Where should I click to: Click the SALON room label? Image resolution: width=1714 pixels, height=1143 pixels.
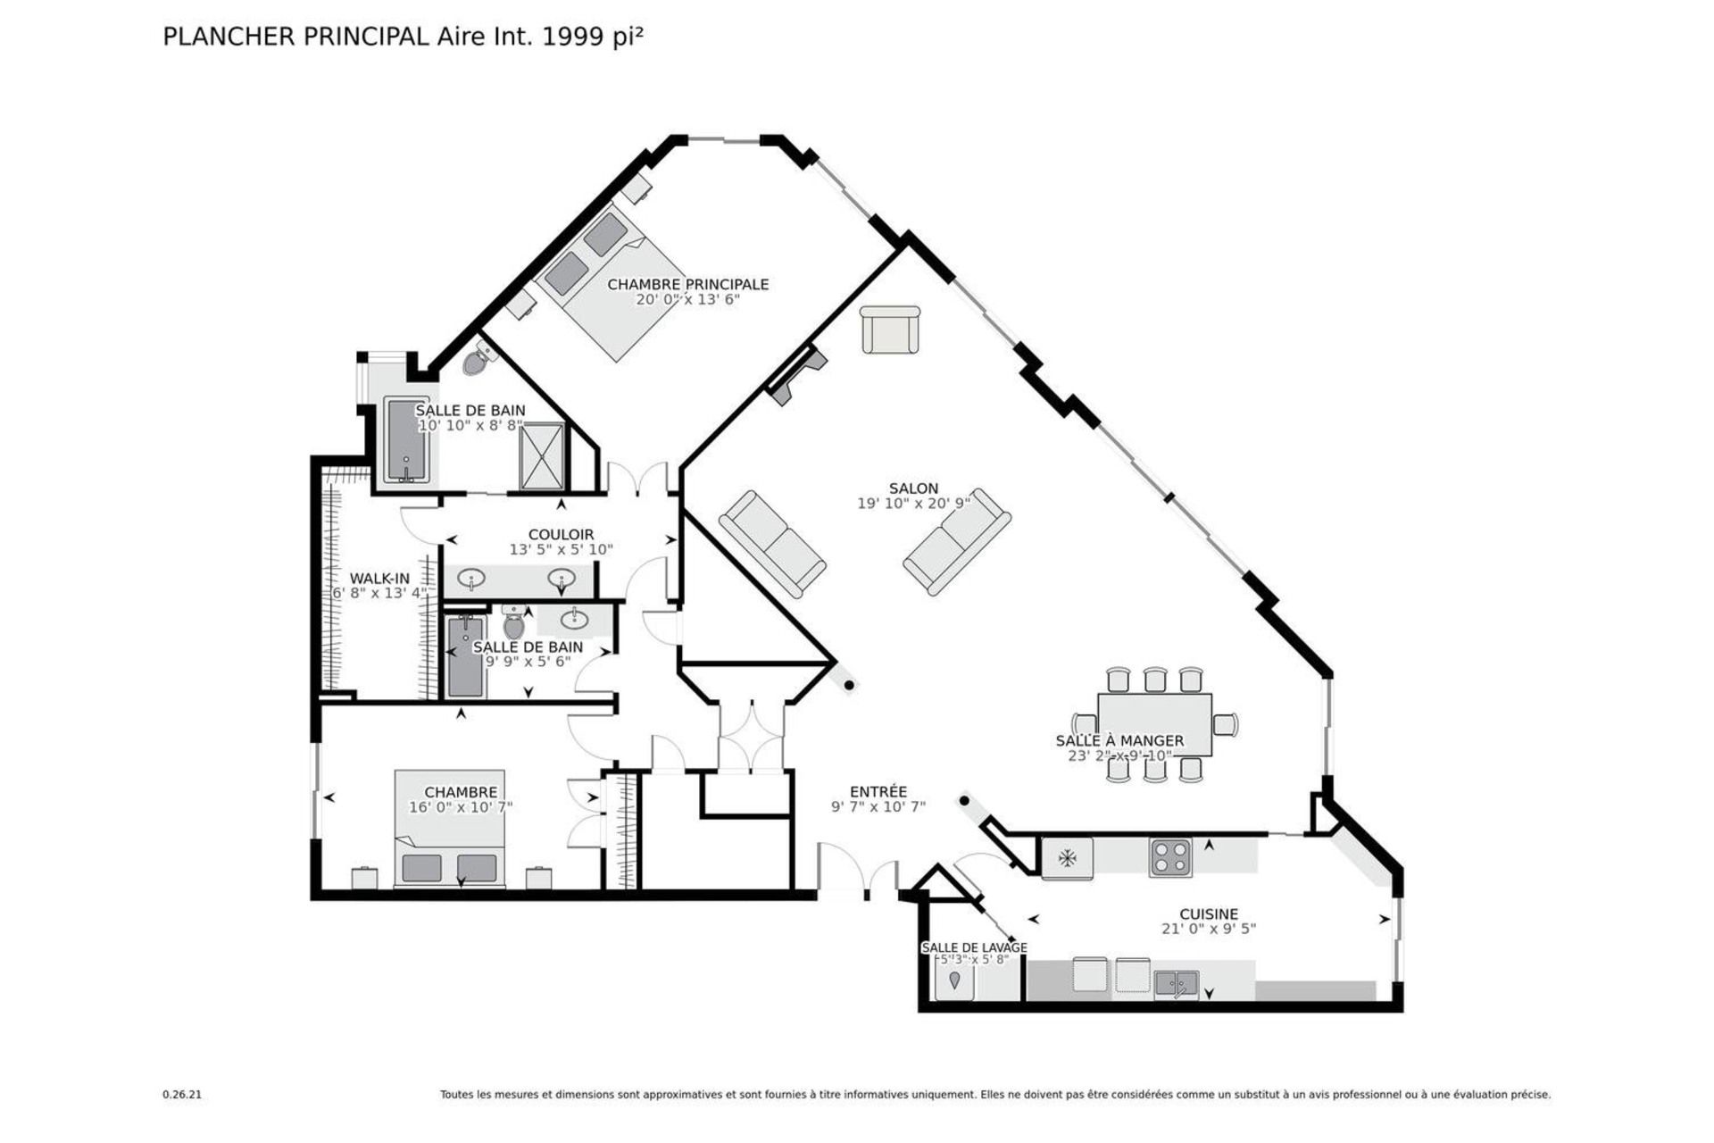pyautogui.click(x=913, y=488)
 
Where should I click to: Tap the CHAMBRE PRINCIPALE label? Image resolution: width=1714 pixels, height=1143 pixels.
pyautogui.click(x=687, y=284)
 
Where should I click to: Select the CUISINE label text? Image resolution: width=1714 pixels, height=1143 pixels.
pyautogui.click(x=1209, y=914)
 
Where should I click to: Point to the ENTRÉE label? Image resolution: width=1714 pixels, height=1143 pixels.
pyautogui.click(x=878, y=791)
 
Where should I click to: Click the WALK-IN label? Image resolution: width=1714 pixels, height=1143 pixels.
pyautogui.click(x=379, y=579)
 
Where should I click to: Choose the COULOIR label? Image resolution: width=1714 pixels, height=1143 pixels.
pyautogui.click(x=561, y=535)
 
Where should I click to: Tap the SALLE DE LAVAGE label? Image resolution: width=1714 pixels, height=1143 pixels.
pyautogui.click(x=974, y=947)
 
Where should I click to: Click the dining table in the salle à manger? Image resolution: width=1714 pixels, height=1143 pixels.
pyautogui.click(x=1154, y=724)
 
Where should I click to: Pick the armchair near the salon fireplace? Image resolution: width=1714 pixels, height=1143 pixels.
pyautogui.click(x=890, y=330)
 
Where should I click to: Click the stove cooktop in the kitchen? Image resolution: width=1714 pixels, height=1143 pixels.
pyautogui.click(x=1170, y=857)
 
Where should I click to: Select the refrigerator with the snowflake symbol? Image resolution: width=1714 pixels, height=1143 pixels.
pyautogui.click(x=1067, y=858)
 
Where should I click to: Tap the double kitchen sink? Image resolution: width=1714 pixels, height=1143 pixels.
pyautogui.click(x=1177, y=984)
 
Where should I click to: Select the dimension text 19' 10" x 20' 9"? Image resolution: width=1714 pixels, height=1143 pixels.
pyautogui.click(x=913, y=504)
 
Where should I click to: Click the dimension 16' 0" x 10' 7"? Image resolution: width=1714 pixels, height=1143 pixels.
pyautogui.click(x=461, y=807)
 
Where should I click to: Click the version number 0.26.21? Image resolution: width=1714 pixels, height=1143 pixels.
pyautogui.click(x=182, y=1094)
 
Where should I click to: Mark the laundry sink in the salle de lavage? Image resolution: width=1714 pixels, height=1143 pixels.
pyautogui.click(x=954, y=981)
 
